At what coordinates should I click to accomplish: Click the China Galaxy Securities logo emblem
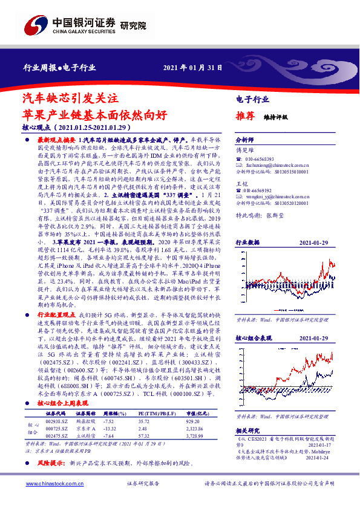(34, 25)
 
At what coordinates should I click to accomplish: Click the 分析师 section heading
(244, 138)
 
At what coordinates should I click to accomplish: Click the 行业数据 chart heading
(247, 242)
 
